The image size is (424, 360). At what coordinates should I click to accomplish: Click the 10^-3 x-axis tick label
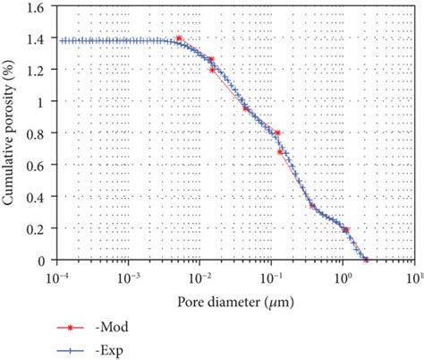pyautogui.click(x=131, y=273)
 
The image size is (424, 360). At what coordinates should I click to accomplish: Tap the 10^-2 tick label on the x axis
pyautogui.click(x=201, y=273)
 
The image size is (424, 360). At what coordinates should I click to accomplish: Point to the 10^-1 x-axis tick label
pyautogui.click(x=272, y=273)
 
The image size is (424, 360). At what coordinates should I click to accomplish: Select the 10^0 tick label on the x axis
pyautogui.click(x=342, y=273)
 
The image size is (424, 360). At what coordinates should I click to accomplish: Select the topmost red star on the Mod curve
pyautogui.click(x=180, y=39)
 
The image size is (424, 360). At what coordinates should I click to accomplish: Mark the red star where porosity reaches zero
pyautogui.click(x=366, y=261)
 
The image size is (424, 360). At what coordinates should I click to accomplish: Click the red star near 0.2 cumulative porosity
pyautogui.click(x=346, y=230)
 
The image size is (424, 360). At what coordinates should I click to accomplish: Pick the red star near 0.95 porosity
pyautogui.click(x=245, y=108)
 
